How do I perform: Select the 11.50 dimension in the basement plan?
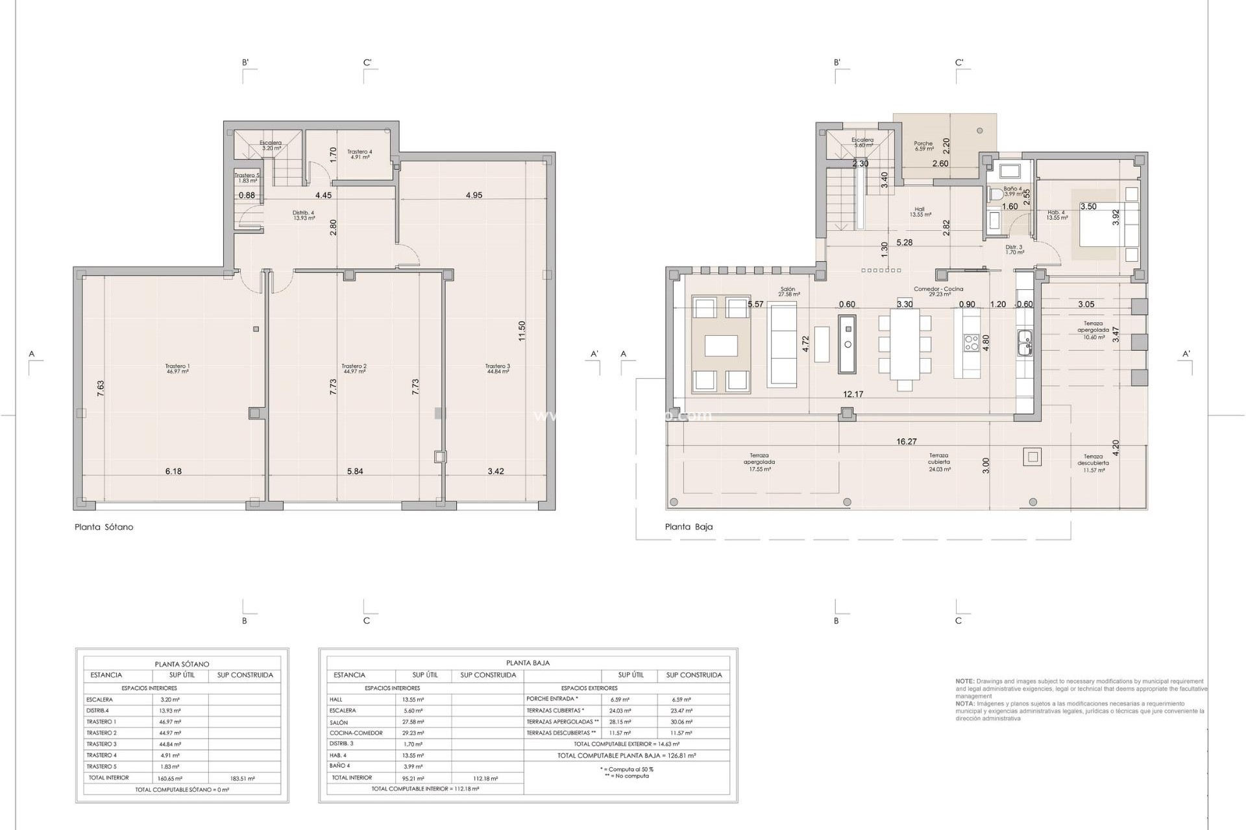tap(522, 331)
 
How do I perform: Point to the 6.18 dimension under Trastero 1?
tap(173, 471)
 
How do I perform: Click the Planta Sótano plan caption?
tap(104, 527)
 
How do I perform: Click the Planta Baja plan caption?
tap(689, 527)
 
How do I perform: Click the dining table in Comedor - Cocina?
tap(905, 344)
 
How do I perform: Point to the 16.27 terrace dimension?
tap(907, 442)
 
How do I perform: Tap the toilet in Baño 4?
tap(996, 194)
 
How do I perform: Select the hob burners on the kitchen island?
tap(971, 342)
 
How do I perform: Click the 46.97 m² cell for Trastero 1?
tap(170, 722)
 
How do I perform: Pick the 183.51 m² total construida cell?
tap(242, 778)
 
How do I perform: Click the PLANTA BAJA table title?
tap(528, 663)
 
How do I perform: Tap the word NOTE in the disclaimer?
tap(964, 682)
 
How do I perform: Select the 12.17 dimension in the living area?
tap(853, 394)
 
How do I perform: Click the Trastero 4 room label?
tap(359, 154)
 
